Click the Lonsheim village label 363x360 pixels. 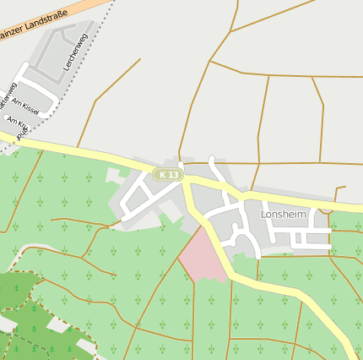tap(284, 215)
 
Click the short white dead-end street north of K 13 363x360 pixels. tap(214, 165)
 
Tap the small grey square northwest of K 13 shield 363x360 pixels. tap(112, 175)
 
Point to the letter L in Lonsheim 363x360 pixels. tap(264, 215)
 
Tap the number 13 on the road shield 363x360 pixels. tap(173, 175)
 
